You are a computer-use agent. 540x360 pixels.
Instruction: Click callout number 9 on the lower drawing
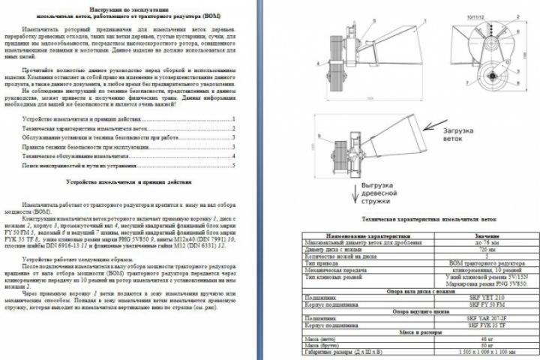[x=319, y=135]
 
